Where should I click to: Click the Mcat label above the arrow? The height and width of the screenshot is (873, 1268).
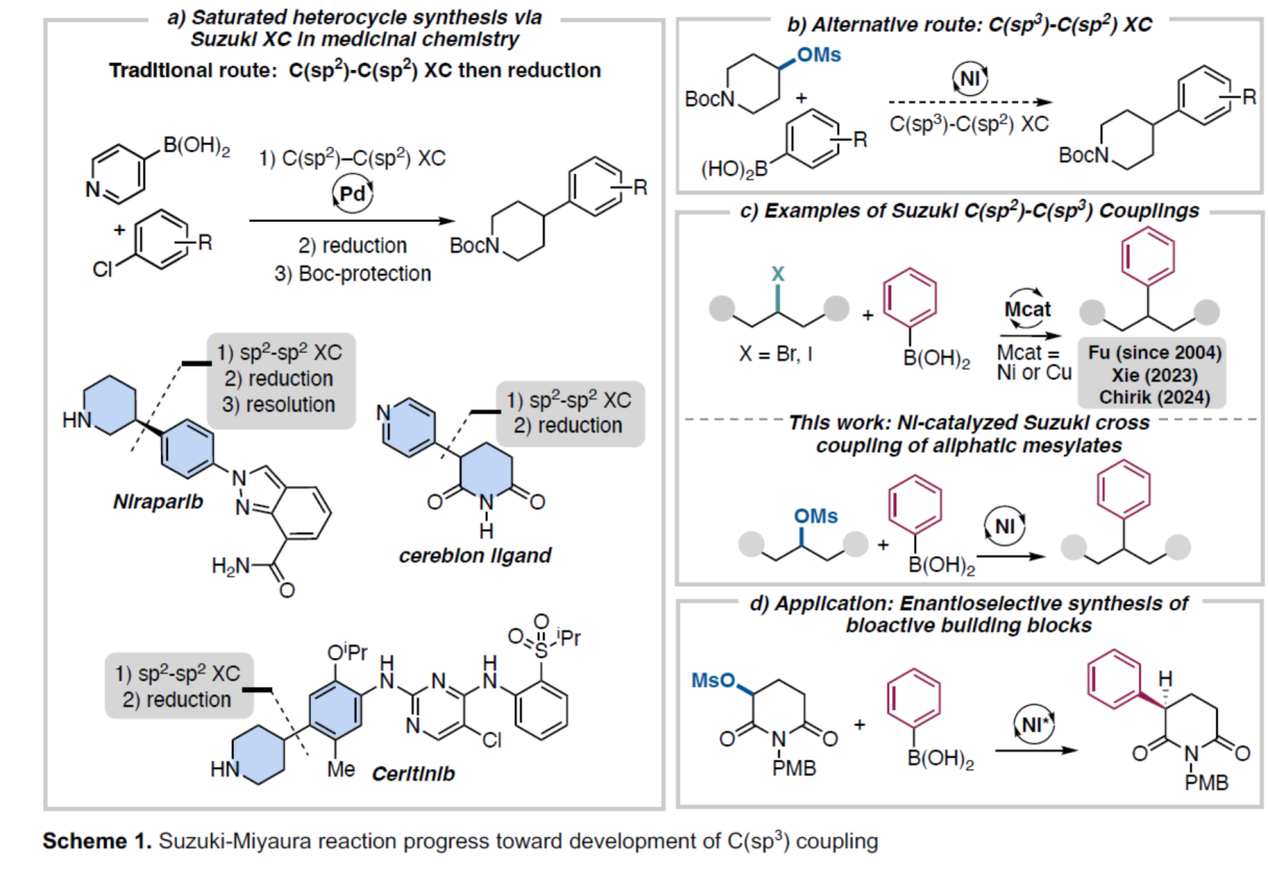1028,311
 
